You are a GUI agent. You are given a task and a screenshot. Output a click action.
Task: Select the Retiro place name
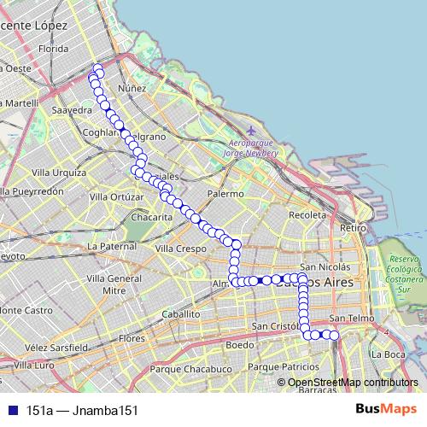(x=352, y=228)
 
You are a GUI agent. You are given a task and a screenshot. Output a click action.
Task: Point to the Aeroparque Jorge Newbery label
(x=251, y=148)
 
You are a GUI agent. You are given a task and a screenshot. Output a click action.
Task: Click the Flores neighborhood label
(x=132, y=338)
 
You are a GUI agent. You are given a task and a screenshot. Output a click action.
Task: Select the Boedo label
(x=241, y=345)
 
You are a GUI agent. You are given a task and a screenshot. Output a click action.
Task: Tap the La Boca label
(x=389, y=354)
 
